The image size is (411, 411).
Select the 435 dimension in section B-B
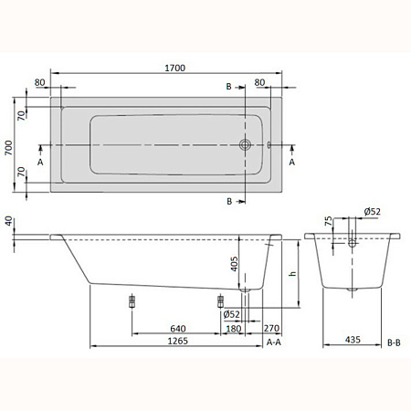pos(353,340)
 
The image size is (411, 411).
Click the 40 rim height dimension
pos(9,221)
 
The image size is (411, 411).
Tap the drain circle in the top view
pos(245,144)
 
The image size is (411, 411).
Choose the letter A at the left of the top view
pos(40,161)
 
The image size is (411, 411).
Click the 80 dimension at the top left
pos(40,83)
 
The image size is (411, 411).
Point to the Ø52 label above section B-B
pos(373,211)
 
